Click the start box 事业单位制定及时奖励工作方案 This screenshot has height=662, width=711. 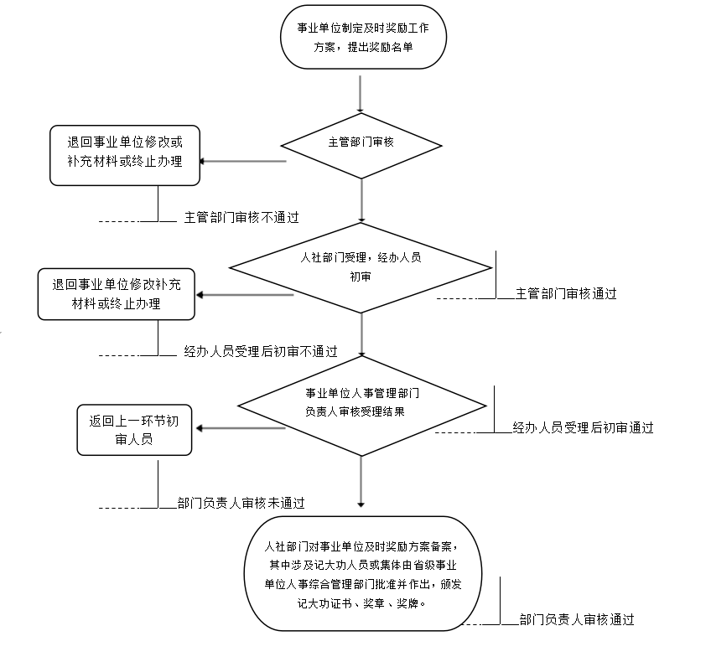(x=362, y=38)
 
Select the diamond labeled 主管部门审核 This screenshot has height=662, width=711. (x=361, y=142)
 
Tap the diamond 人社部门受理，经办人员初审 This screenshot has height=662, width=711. (x=361, y=267)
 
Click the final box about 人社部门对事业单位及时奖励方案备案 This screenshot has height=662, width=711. (x=362, y=573)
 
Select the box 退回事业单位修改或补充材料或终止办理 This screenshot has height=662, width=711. (x=125, y=154)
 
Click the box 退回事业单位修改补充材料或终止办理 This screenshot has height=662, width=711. (x=117, y=294)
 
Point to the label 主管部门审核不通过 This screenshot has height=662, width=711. (x=241, y=217)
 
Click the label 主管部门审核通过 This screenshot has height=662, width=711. (x=566, y=294)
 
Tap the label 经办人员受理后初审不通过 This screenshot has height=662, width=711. (x=261, y=352)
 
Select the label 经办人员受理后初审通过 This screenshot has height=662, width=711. (x=583, y=428)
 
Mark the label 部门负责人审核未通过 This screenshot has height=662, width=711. (x=241, y=504)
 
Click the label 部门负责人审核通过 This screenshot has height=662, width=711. (x=576, y=620)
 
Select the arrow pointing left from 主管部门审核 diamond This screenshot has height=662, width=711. (x=243, y=161)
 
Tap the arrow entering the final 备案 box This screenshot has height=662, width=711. (x=361, y=482)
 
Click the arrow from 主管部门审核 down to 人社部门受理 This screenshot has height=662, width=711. (x=361, y=198)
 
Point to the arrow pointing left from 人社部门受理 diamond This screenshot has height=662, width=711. (x=243, y=294)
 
